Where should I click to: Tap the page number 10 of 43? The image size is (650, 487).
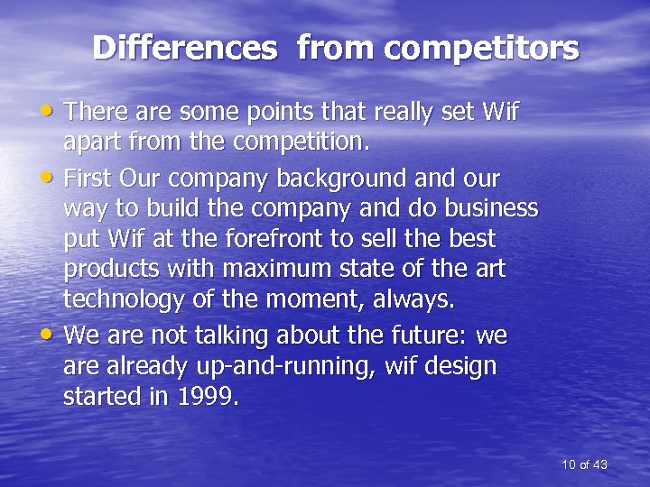point(583,464)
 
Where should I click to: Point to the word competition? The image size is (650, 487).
point(308,142)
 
